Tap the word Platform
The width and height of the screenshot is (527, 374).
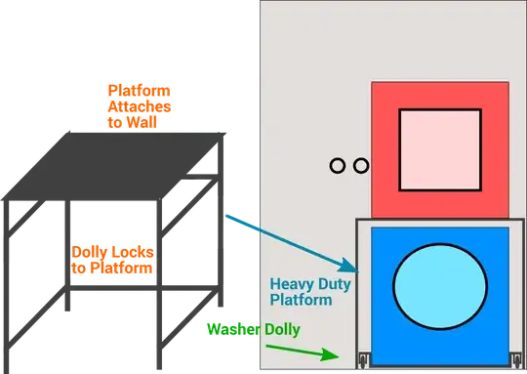tap(303, 300)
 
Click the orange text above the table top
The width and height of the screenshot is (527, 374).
tap(137, 104)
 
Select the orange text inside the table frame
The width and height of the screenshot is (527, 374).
tap(111, 259)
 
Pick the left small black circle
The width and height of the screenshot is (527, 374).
tap(338, 166)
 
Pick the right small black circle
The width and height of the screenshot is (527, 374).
tap(360, 166)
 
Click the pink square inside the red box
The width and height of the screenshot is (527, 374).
tap(440, 148)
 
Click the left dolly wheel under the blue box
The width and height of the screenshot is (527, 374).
tap(363, 360)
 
